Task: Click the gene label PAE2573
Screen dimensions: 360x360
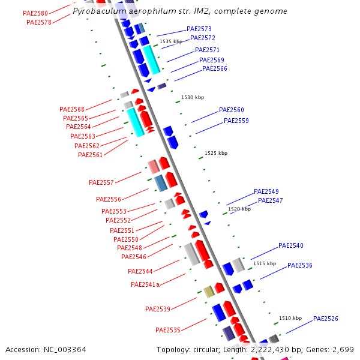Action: [x=199, y=29]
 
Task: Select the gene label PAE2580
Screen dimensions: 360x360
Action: [x=35, y=13]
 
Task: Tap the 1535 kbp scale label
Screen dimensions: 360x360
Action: [x=170, y=41]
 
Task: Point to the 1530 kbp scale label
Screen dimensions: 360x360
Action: [x=193, y=97]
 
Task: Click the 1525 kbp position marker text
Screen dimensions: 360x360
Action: [x=216, y=153]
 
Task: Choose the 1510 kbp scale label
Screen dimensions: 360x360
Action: [x=290, y=318]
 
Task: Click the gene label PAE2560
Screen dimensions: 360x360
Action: [x=231, y=110]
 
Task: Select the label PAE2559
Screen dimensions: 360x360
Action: [x=236, y=121]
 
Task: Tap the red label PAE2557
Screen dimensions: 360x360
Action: [x=101, y=182]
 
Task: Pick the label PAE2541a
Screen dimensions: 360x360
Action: [x=145, y=284]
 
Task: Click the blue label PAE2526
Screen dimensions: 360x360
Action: [x=326, y=319]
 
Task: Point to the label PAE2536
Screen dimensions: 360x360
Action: [x=299, y=265]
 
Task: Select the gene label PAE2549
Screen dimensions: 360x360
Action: [x=266, y=191]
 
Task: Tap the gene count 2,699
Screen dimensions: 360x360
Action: [x=343, y=349]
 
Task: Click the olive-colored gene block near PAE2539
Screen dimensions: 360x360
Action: [x=209, y=292]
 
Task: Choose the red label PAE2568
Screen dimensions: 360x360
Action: [x=71, y=109]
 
